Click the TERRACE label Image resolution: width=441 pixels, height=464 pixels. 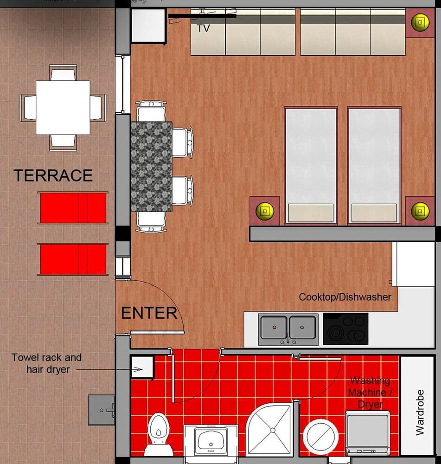(x=53, y=175)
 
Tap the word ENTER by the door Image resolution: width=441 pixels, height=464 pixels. (x=149, y=313)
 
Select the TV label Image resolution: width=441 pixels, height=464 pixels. (x=203, y=28)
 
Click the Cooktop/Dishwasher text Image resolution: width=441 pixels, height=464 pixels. (x=345, y=297)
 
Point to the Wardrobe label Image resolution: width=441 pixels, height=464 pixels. (x=420, y=412)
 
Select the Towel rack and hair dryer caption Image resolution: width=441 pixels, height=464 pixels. (x=46, y=363)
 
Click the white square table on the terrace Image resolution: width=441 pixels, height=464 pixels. (x=63, y=107)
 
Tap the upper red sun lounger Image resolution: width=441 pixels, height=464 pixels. (x=73, y=208)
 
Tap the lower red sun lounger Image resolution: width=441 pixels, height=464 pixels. (x=73, y=259)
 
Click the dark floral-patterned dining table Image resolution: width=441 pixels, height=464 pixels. (x=152, y=166)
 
